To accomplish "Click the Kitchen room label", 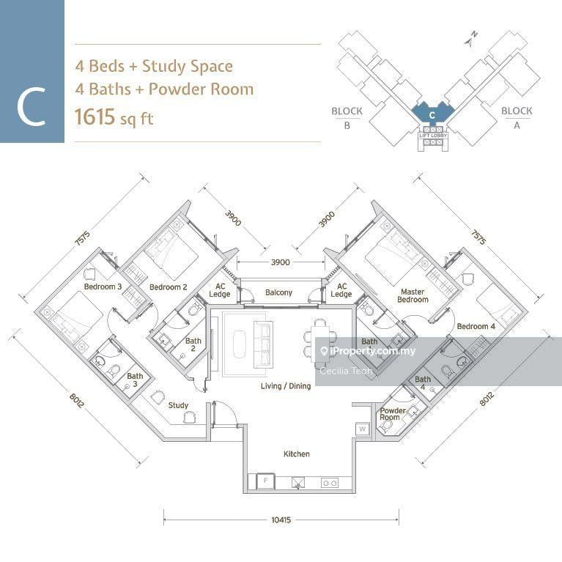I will coord(296,454).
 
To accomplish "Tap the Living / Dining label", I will coord(286,386).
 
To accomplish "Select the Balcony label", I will coord(278,293).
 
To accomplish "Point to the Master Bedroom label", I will coord(413,296).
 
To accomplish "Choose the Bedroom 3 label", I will coord(103,287).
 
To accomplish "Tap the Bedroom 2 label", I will coord(169,287).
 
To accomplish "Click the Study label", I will coord(178,405).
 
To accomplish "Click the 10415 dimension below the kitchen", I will coord(281,520).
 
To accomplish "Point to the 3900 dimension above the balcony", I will coord(281,262).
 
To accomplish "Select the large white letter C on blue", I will coord(32,108).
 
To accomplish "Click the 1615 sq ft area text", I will coord(114,117).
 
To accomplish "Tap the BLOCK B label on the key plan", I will coord(347,117).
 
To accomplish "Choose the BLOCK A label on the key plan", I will coord(517,117).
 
